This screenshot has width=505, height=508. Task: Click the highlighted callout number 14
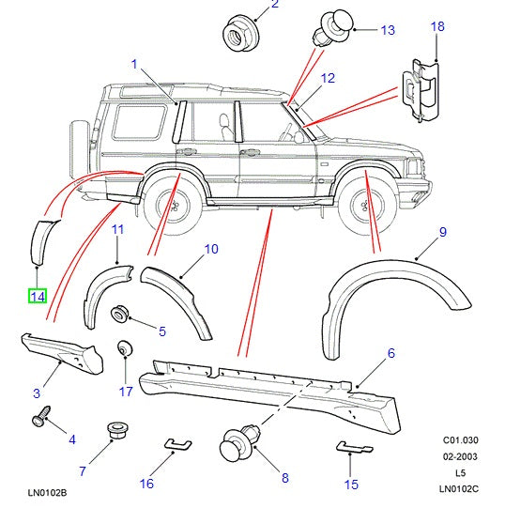click(37, 297)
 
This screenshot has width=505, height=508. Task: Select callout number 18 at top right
click(437, 26)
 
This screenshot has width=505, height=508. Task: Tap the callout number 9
click(442, 232)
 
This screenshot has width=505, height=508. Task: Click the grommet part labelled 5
click(121, 316)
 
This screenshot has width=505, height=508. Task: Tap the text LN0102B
click(48, 493)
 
